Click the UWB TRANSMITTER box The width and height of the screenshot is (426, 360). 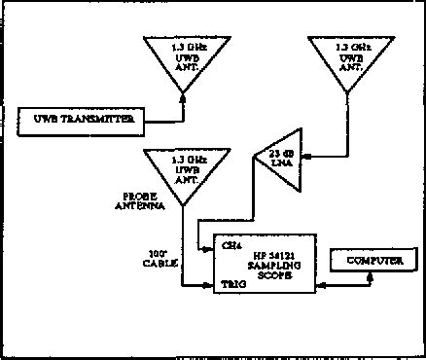coord(82,121)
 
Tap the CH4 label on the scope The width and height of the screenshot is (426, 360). coord(230,245)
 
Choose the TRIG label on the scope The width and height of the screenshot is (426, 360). coord(231,287)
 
